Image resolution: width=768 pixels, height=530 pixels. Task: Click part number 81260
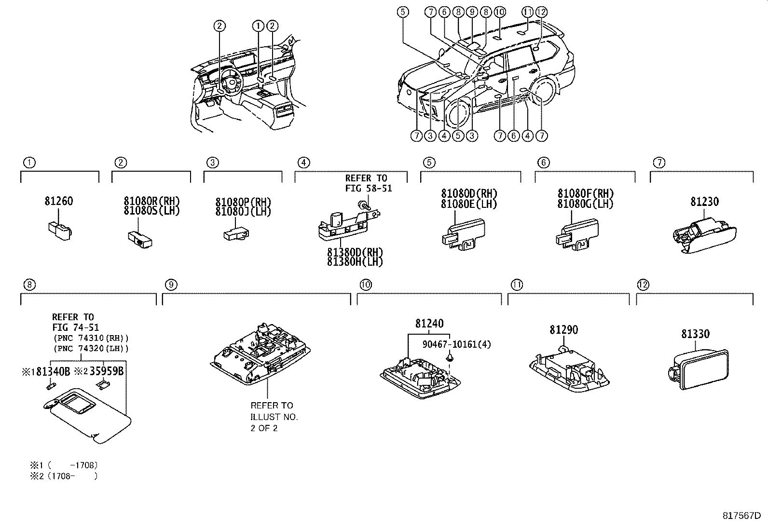(x=58, y=201)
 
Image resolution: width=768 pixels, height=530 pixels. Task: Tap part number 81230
(x=704, y=202)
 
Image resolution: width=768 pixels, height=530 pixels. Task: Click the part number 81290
(x=563, y=330)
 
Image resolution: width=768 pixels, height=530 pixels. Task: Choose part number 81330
(x=695, y=334)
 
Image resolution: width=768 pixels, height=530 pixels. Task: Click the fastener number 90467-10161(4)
(x=456, y=344)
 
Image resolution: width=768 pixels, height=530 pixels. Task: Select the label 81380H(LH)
(x=355, y=262)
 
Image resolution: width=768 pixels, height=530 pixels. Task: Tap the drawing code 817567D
(x=741, y=516)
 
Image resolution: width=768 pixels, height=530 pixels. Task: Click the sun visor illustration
(x=89, y=414)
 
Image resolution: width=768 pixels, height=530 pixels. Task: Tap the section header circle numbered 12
(x=643, y=285)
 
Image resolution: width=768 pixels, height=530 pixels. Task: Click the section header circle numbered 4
(x=303, y=163)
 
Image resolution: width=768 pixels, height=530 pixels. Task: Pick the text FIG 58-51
(x=369, y=189)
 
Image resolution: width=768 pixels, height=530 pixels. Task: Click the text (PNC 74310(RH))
(x=91, y=338)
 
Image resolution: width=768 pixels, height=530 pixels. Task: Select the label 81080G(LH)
(x=585, y=204)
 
